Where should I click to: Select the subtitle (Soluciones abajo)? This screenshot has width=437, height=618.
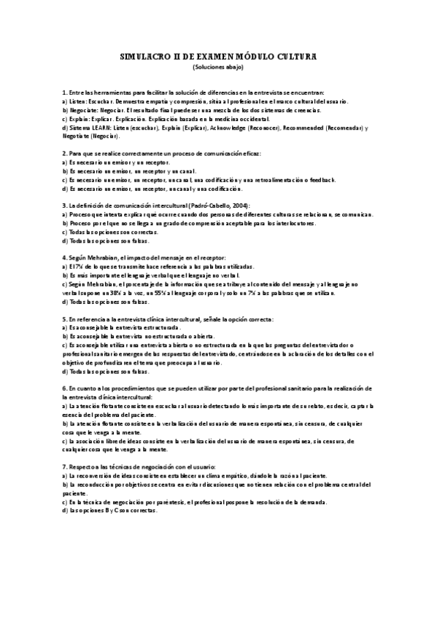coord(218,67)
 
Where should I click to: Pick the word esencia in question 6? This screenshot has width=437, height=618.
coord(74,414)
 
